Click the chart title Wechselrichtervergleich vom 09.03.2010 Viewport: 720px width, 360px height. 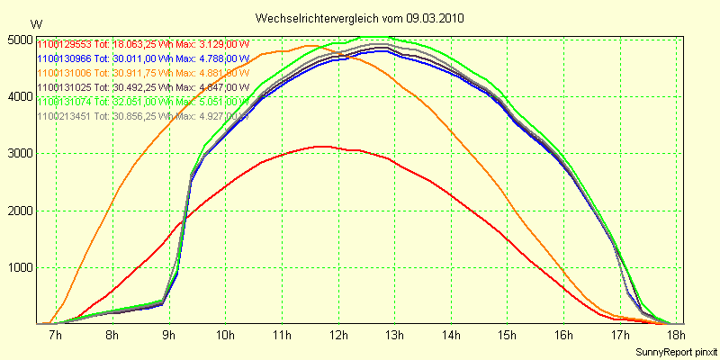360,18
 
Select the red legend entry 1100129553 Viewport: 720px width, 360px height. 143,44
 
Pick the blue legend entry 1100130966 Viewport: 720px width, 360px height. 143,58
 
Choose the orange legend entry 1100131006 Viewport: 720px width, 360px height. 143,73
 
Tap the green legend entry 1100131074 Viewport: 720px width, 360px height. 143,102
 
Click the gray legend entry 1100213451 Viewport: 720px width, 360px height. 143,116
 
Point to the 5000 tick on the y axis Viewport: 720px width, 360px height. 18,40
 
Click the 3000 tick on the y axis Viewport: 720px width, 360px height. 18,154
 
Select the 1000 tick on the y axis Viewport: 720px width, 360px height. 18,267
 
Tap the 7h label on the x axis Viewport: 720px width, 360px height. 55,336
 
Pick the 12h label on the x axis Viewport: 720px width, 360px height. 337,336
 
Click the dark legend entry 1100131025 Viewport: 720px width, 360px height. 143,87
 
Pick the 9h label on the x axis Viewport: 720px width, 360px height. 168,336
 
